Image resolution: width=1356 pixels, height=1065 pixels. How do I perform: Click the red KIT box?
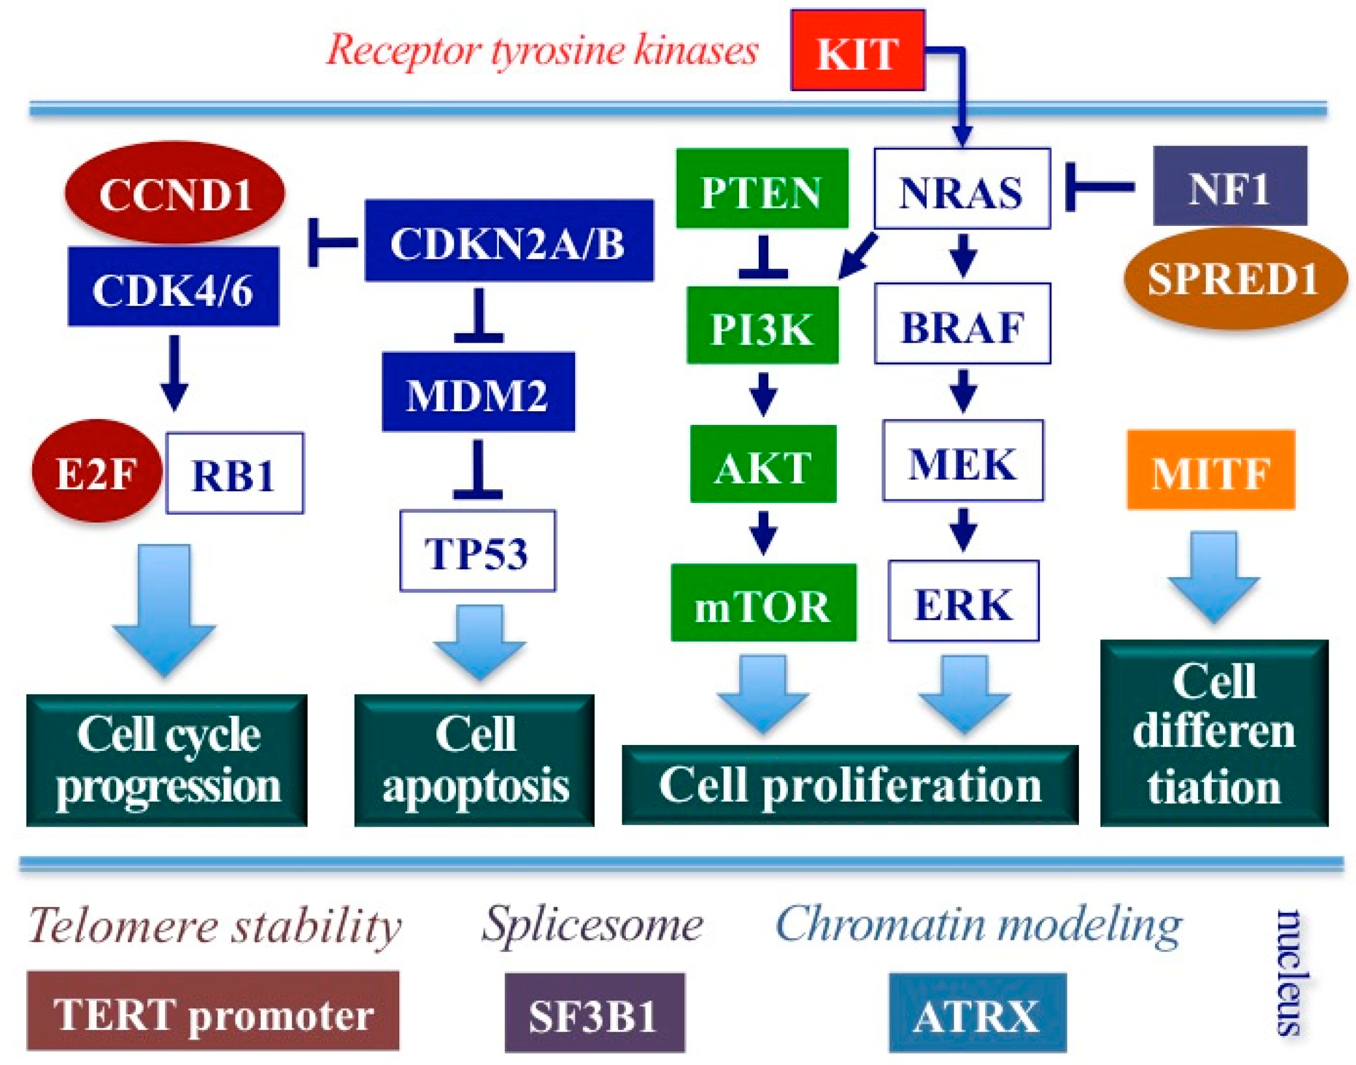[857, 50]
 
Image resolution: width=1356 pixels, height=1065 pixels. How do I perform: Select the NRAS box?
[962, 188]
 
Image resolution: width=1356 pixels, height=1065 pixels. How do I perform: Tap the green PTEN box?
[762, 188]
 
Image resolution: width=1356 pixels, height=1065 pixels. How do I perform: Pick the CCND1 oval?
[175, 192]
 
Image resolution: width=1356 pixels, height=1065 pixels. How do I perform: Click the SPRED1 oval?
[1235, 278]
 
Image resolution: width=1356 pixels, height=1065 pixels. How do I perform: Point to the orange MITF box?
[1211, 470]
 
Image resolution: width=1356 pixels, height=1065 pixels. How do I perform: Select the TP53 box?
[477, 551]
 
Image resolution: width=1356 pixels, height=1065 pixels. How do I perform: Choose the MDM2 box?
[478, 392]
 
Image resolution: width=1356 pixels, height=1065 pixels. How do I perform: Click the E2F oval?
[97, 471]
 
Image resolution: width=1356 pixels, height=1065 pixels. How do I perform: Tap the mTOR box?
[764, 603]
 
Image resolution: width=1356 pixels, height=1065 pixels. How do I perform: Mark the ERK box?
[963, 601]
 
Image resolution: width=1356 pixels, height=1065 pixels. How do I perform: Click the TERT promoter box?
[213, 1010]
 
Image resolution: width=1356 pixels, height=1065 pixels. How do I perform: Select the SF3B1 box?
[595, 1012]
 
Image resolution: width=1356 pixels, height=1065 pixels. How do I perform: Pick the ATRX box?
[978, 1012]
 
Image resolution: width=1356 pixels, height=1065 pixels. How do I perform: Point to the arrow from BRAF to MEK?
[963, 391]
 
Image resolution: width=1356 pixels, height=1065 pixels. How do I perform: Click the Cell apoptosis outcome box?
[474, 760]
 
